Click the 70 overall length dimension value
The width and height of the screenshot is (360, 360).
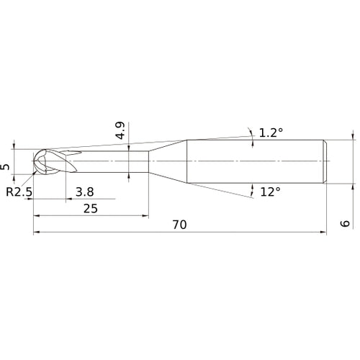(179, 225)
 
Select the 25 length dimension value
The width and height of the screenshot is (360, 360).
(91, 208)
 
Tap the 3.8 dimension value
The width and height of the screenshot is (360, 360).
(84, 192)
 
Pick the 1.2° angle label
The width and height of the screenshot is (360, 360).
(271, 132)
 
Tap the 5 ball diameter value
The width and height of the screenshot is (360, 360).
(6, 166)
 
